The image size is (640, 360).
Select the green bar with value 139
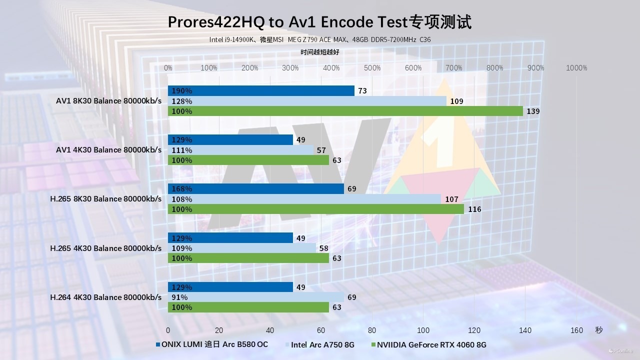click(345, 111)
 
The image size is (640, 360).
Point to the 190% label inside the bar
click(182, 91)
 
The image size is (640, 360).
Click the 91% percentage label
click(179, 297)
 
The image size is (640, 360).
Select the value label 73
click(362, 91)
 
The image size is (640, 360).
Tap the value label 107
click(451, 199)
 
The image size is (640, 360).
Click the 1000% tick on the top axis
click(576, 68)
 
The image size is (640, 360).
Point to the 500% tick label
click(372, 68)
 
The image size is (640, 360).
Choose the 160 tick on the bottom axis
click(576, 330)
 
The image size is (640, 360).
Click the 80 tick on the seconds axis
click(372, 330)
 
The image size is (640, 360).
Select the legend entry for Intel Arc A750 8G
click(322, 344)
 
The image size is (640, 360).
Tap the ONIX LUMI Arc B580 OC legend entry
click(214, 344)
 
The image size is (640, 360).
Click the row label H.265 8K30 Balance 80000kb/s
click(106, 199)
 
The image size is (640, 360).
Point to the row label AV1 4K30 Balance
click(109, 150)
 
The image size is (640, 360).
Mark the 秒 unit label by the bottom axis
click(599, 330)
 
